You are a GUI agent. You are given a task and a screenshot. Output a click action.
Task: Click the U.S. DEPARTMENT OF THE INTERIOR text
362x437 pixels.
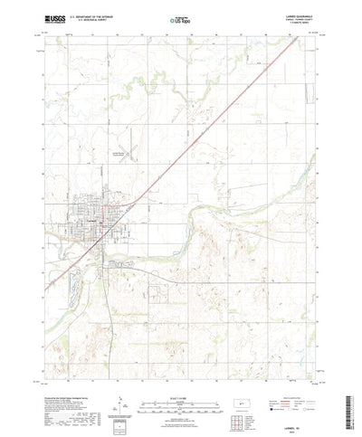(x=94, y=14)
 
